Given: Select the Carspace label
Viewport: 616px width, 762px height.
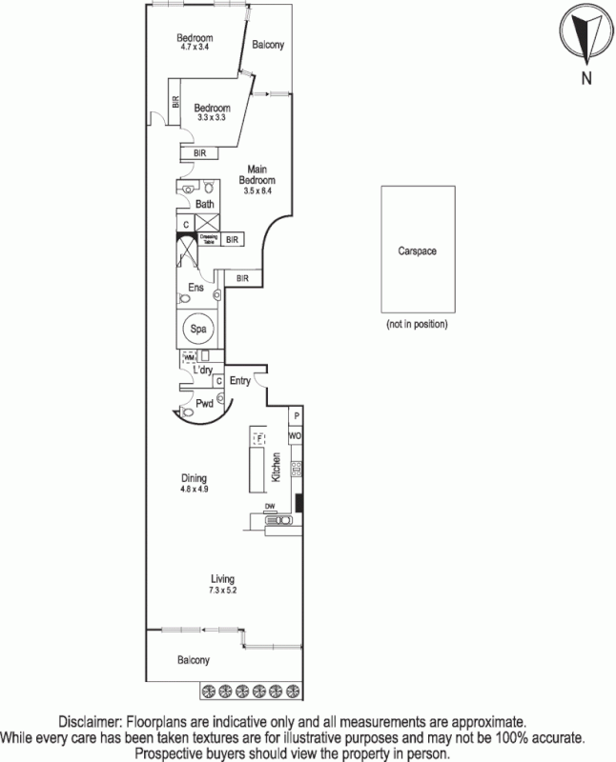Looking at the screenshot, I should [416, 251].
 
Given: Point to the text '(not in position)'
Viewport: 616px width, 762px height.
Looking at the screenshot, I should [417, 324].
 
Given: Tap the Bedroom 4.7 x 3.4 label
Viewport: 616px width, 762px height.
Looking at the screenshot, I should [193, 41].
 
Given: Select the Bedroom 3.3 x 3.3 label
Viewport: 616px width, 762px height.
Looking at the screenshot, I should [211, 112].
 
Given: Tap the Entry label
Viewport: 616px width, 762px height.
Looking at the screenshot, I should [239, 381].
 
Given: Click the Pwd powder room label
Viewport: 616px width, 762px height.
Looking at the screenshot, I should [204, 403].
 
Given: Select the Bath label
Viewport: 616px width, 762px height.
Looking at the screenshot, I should [205, 204].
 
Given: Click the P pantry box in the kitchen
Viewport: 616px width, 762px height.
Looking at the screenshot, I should [296, 416].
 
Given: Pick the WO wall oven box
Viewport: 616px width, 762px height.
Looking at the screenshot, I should [296, 436].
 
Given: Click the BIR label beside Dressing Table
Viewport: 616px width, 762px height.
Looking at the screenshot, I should [232, 239].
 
